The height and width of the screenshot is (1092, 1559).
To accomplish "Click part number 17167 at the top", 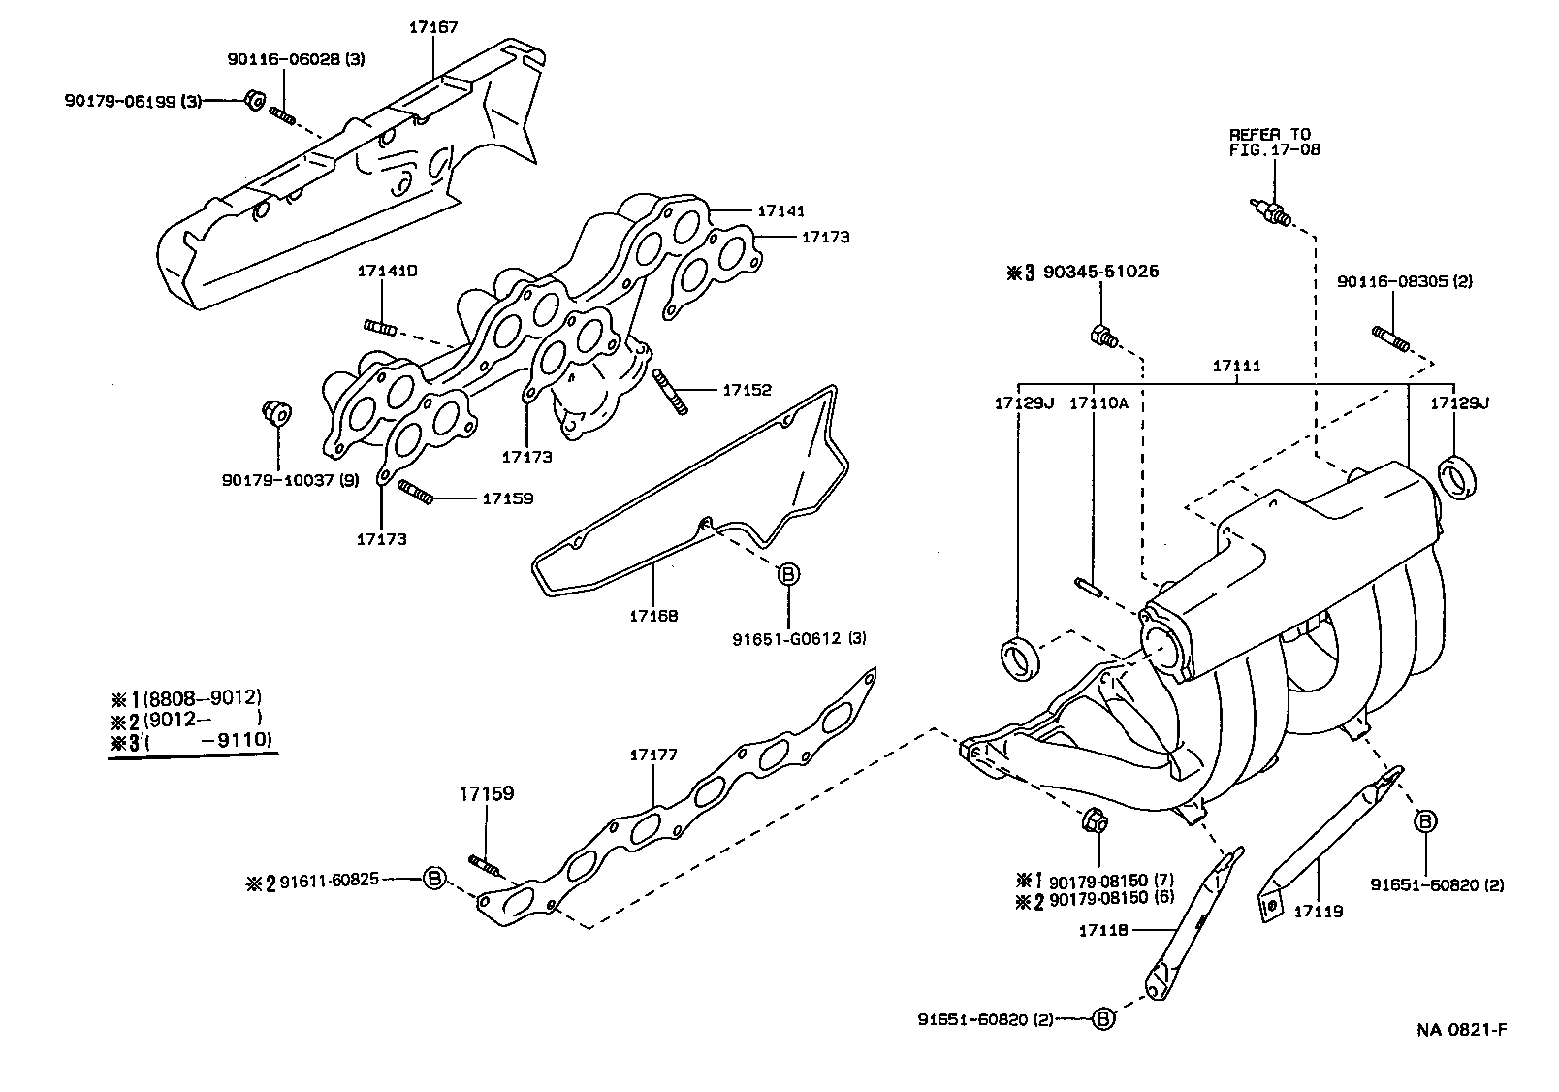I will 432,27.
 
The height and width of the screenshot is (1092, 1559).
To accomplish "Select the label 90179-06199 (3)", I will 134,100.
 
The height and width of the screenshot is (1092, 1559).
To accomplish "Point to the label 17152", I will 747,390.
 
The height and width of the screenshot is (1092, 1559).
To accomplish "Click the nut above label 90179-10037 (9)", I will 274,412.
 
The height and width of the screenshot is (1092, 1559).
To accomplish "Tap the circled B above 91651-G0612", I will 787,574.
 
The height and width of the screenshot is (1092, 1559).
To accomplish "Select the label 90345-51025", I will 1100,273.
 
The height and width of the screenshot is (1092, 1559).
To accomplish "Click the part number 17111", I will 1236,366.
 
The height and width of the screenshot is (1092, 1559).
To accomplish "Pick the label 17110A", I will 1098,401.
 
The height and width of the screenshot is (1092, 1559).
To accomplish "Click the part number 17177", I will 652,754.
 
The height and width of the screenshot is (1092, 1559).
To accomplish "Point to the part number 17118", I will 1102,930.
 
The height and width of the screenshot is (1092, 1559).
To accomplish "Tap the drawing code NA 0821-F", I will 1461,1029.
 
